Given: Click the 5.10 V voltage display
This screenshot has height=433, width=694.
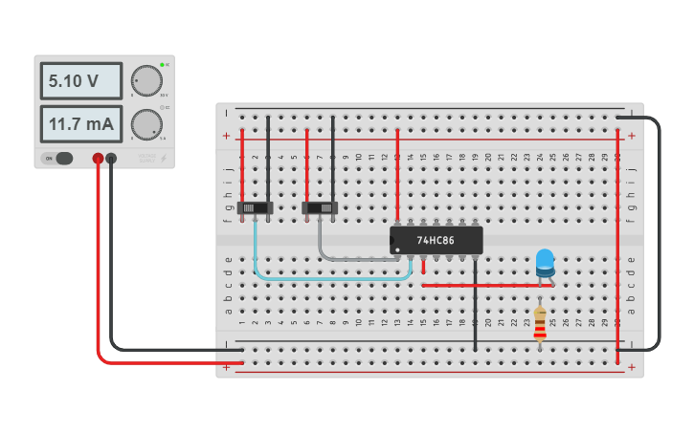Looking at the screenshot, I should coord(80,81).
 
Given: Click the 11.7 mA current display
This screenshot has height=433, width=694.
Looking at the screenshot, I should coord(80,124).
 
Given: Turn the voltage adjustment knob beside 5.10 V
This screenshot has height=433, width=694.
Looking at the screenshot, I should coord(146,81).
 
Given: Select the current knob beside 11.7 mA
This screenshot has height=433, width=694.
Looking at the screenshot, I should coord(146,124).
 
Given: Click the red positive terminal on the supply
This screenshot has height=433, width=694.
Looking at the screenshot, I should coord(98,159).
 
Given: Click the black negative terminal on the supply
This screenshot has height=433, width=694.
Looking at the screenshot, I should coord(111,159).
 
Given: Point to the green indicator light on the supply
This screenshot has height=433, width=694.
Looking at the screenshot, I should coord(163,65).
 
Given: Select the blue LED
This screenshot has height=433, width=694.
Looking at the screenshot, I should coord(545,261).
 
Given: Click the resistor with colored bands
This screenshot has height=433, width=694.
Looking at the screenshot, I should coord(540,322).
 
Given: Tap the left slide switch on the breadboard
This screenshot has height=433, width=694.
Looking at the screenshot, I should coord(256,207).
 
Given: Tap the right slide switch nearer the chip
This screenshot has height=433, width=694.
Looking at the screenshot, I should coord(320,207).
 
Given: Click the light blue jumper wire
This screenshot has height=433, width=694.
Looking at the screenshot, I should coord(325,279).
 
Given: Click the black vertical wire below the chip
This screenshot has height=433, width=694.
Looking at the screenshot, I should coord(475,306).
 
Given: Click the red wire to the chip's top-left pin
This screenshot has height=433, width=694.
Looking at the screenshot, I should coord(397,172).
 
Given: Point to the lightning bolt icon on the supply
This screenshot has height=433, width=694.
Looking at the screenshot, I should coord(163,159).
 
